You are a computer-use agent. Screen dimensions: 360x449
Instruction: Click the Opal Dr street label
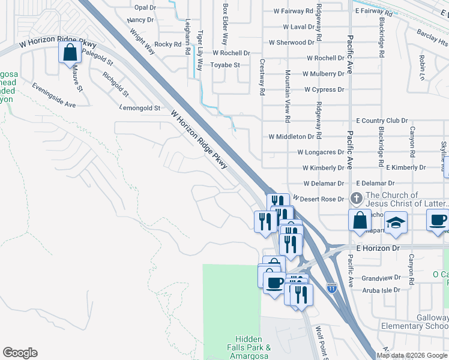click(x=145, y=8)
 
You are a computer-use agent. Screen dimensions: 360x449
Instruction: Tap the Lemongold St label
click(x=140, y=109)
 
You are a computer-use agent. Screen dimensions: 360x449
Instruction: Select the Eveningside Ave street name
click(x=54, y=95)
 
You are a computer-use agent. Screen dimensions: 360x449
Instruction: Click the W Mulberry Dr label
click(x=324, y=74)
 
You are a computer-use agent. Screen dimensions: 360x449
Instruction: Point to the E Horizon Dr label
click(x=378, y=248)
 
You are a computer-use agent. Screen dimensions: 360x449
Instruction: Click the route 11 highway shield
click(x=332, y=287)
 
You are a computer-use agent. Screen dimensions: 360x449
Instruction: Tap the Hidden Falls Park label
click(x=249, y=343)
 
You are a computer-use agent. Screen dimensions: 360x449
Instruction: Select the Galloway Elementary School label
click(x=415, y=322)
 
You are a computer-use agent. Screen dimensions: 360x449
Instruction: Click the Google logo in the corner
click(x=20, y=353)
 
